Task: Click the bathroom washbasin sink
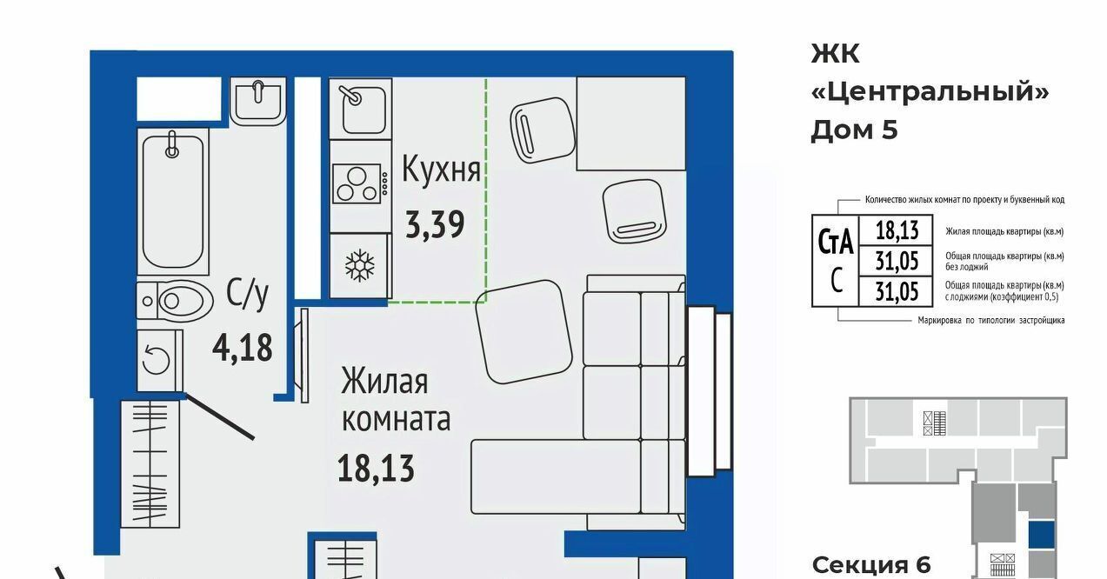[258, 101]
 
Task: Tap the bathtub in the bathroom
[172, 202]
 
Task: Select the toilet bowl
[175, 301]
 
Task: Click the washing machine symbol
[160, 361]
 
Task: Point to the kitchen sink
[360, 109]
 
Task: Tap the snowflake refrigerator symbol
[360, 266]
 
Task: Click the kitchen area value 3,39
[435, 225]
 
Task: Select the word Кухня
[441, 170]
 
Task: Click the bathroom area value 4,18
[242, 348]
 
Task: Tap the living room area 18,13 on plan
[376, 469]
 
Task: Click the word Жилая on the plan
[384, 381]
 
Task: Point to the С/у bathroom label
[247, 294]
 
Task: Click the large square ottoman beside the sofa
[523, 332]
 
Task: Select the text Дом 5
[854, 130]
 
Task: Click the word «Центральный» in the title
[930, 92]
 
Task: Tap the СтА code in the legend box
[836, 241]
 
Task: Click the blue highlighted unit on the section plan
[1041, 535]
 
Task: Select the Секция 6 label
[871, 565]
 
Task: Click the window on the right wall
[710, 391]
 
